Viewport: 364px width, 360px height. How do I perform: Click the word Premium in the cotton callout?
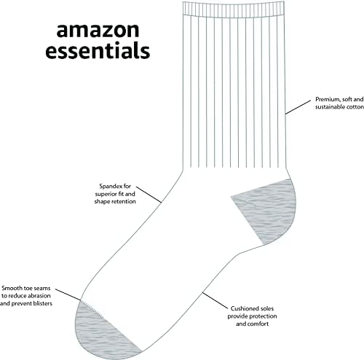(x=327, y=98)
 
